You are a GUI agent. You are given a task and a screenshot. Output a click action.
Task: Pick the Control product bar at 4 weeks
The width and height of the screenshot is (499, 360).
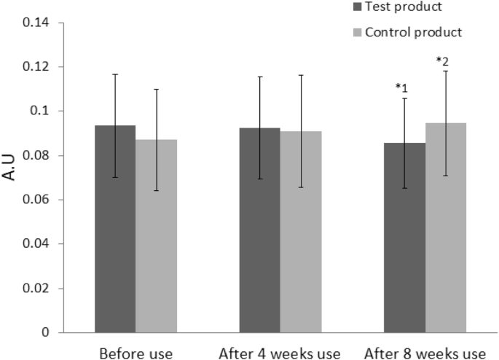tap(301, 232)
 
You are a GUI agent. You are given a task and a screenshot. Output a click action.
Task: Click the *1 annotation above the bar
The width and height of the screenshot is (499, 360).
tap(401, 87)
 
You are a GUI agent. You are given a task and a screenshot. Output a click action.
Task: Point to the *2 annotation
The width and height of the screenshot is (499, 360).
tap(441, 60)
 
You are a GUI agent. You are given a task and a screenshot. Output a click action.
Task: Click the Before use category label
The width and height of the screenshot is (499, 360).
tap(135, 353)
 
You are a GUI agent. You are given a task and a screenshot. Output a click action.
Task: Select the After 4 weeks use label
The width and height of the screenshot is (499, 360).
tap(280, 353)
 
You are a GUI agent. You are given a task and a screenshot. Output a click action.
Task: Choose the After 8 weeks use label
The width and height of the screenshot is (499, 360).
tap(425, 353)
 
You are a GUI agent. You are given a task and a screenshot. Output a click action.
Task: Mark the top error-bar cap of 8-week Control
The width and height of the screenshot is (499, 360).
tap(446, 71)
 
